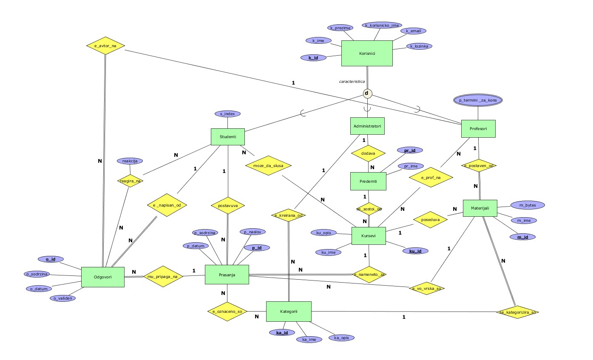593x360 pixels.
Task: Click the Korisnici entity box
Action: tap(367, 53)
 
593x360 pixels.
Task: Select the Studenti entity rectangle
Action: tap(228, 137)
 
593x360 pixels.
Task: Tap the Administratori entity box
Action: tap(367, 126)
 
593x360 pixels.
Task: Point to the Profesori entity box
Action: tap(478, 128)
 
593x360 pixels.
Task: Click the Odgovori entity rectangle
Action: tap(102, 277)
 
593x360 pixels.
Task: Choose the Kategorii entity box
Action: tap(289, 312)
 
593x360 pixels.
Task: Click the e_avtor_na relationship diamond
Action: tap(105, 45)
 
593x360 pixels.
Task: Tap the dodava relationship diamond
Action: tap(368, 153)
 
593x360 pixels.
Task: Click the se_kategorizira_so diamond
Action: tap(517, 312)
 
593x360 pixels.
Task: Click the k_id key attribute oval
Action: tap(313, 57)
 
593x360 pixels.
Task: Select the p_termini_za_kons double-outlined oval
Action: tap(478, 100)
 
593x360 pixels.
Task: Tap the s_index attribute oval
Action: tap(227, 114)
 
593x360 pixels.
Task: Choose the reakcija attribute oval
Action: tap(130, 161)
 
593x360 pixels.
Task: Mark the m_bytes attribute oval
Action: tap(527, 205)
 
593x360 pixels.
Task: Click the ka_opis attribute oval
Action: tap(341, 337)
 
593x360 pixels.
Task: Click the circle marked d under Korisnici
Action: tap(367, 94)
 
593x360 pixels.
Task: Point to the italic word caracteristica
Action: tap(352, 81)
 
